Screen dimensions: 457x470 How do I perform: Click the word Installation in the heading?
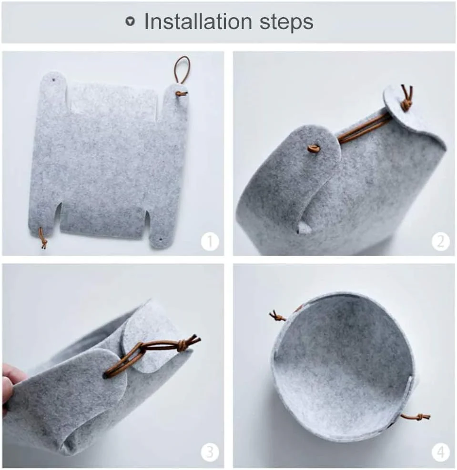[198, 21]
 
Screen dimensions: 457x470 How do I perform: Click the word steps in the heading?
[286, 23]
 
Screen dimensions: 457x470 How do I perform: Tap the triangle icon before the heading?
[130, 21]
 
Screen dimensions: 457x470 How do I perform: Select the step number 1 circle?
[210, 241]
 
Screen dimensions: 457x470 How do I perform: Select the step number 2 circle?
[440, 241]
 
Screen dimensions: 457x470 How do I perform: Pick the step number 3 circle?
[210, 452]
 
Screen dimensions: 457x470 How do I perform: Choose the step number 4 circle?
[440, 452]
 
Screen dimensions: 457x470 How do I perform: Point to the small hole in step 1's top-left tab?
[54, 80]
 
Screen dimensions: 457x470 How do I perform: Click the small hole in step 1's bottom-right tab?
[161, 240]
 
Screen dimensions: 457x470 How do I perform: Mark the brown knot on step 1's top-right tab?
[181, 94]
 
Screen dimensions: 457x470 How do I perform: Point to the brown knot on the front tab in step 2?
[313, 149]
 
